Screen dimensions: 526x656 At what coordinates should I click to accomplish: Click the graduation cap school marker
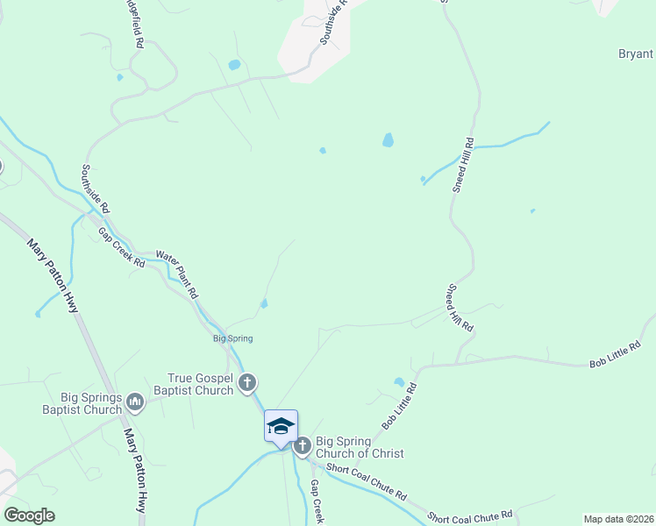point(282,426)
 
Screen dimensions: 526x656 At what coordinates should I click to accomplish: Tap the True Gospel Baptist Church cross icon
point(248,382)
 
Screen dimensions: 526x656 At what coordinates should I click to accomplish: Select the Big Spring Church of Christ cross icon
point(303,445)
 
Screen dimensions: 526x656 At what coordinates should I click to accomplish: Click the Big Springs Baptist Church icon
point(135,402)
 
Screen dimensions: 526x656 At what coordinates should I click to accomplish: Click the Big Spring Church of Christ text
point(360,447)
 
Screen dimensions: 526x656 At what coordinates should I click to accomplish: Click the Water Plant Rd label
point(178,274)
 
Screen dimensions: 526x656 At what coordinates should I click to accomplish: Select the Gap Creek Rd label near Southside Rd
point(121,248)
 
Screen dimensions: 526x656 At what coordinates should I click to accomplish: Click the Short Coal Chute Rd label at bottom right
point(464,517)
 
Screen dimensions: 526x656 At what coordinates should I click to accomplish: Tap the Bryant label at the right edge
point(636,53)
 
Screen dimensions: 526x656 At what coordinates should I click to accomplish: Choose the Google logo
point(29,515)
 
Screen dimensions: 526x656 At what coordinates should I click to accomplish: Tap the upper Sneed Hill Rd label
point(464,165)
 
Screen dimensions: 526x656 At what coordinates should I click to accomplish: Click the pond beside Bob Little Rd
point(400,382)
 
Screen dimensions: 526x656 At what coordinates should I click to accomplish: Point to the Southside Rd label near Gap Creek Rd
point(96,189)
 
